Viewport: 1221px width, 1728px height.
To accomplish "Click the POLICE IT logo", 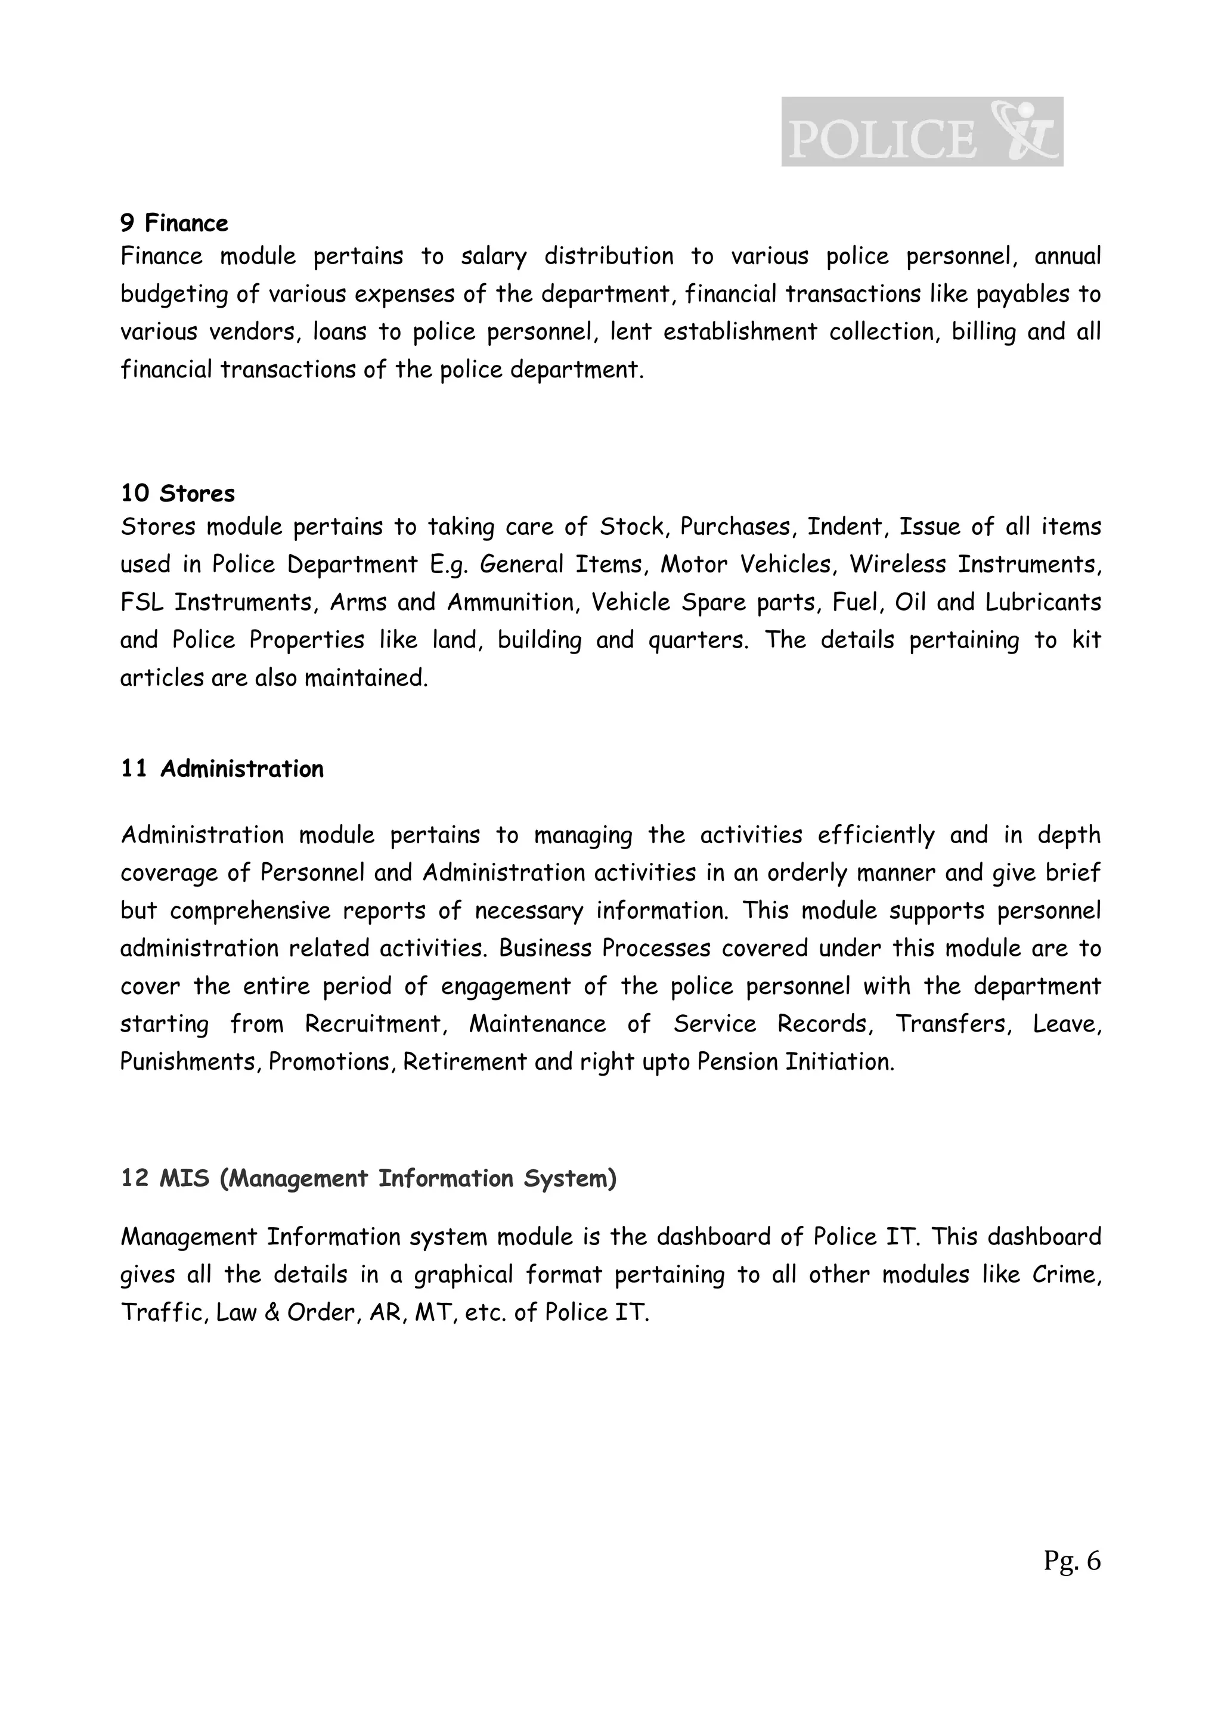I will (x=922, y=132).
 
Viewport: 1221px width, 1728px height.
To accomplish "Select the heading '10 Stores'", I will (x=178, y=494).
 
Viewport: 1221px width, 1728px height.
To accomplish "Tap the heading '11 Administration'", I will (x=222, y=769).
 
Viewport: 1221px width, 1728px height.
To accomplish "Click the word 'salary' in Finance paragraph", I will (x=494, y=256).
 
